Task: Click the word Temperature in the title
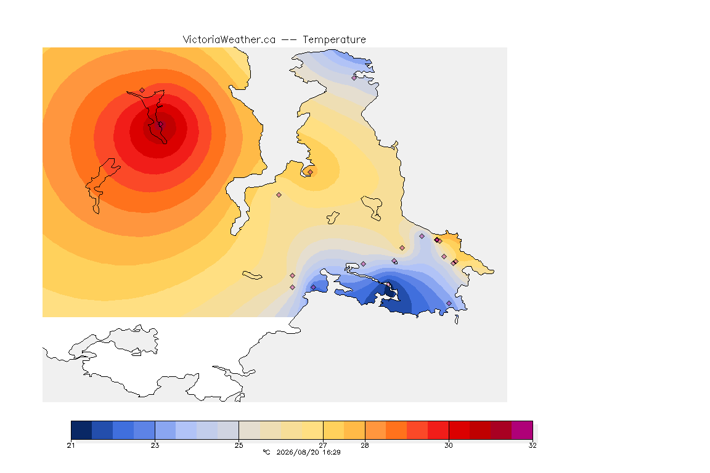coord(334,40)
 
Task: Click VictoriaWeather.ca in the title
coord(229,40)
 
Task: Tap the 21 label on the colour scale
coord(71,445)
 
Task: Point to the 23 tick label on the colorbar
coord(155,445)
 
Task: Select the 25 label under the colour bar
coord(239,445)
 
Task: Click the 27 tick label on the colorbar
coord(323,445)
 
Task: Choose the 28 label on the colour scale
coord(364,445)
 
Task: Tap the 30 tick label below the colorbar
coord(448,445)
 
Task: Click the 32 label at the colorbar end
coord(532,445)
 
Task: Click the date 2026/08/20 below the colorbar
coord(298,452)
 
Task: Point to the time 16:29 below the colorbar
coord(332,452)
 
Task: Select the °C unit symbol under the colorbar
coord(266,452)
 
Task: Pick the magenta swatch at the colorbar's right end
coord(522,430)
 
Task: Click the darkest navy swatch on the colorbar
coord(81,430)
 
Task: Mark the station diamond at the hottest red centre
coord(160,124)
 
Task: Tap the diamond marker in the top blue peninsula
coord(354,78)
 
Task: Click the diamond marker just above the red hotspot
coord(142,91)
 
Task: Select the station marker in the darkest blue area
coord(388,285)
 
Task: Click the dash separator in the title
coord(289,40)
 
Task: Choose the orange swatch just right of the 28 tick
coord(375,430)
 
